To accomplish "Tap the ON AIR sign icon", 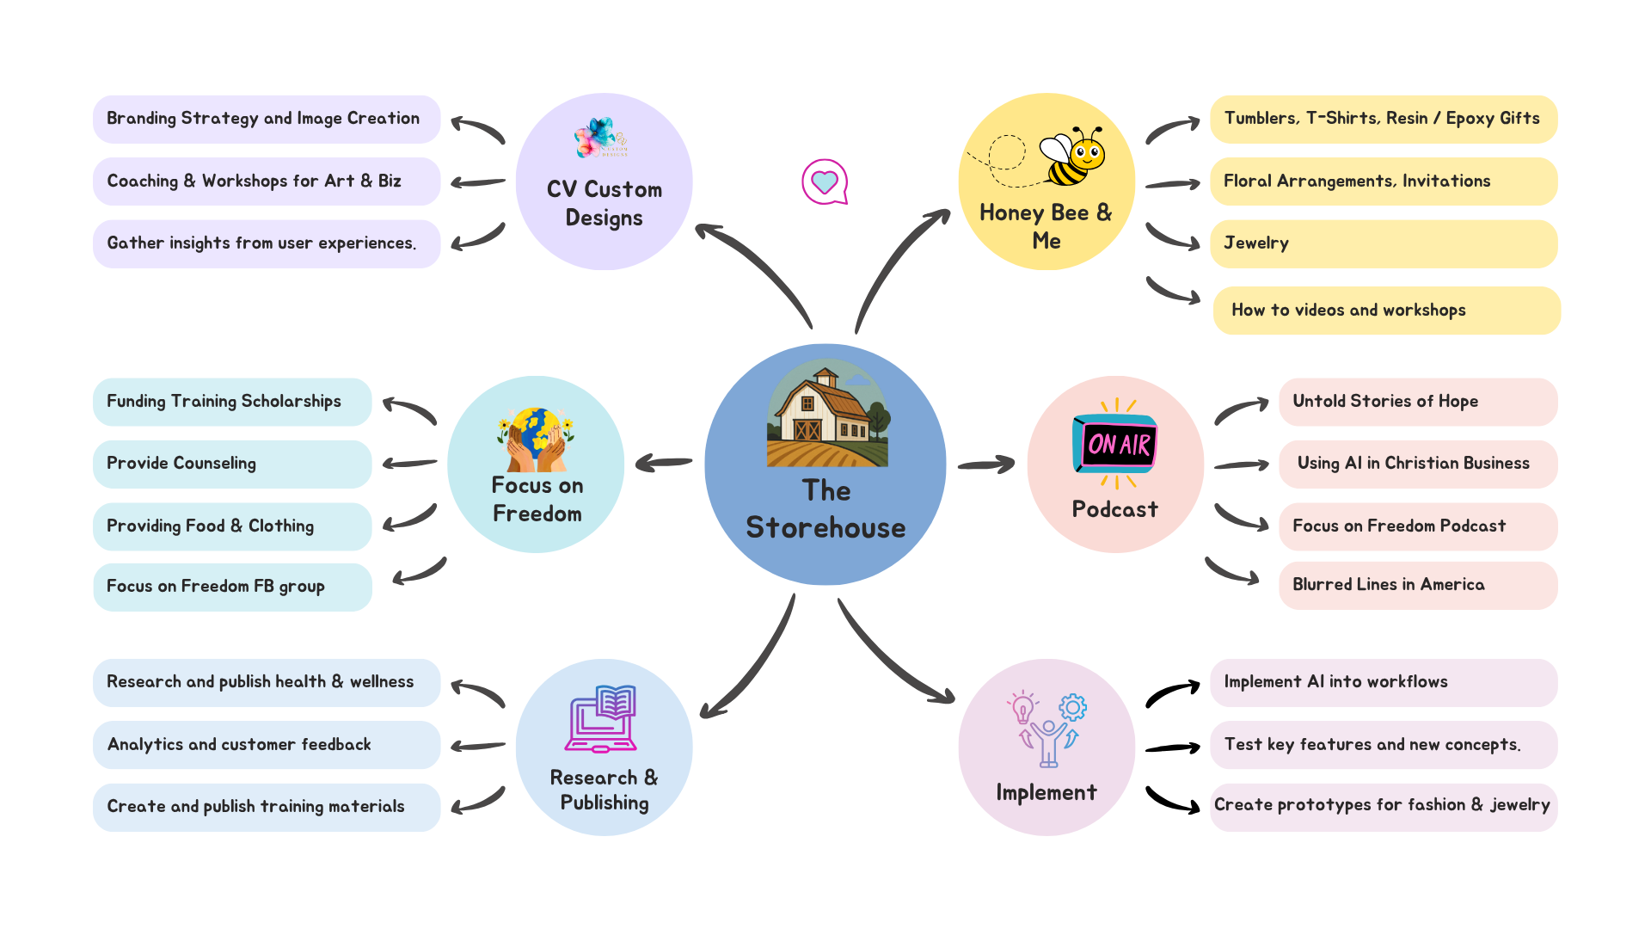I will (1115, 444).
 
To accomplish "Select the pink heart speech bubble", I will (825, 181).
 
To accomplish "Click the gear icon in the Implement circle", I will (1072, 707).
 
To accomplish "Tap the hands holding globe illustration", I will (535, 440).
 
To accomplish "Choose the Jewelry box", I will (1383, 243).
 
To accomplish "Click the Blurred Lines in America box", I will (1417, 585).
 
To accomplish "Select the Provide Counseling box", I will (232, 464).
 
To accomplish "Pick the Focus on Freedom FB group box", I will (232, 587).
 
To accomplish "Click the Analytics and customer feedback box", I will (267, 745).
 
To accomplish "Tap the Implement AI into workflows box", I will (1383, 682).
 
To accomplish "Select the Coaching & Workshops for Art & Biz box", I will (267, 181).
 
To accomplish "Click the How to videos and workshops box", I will (1386, 311).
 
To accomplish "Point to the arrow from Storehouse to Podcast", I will (986, 464).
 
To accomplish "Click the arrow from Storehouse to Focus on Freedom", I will (663, 464).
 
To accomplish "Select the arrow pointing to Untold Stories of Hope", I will (1241, 410).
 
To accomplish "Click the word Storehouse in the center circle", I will (825, 527).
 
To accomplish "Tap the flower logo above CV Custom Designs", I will (601, 138).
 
